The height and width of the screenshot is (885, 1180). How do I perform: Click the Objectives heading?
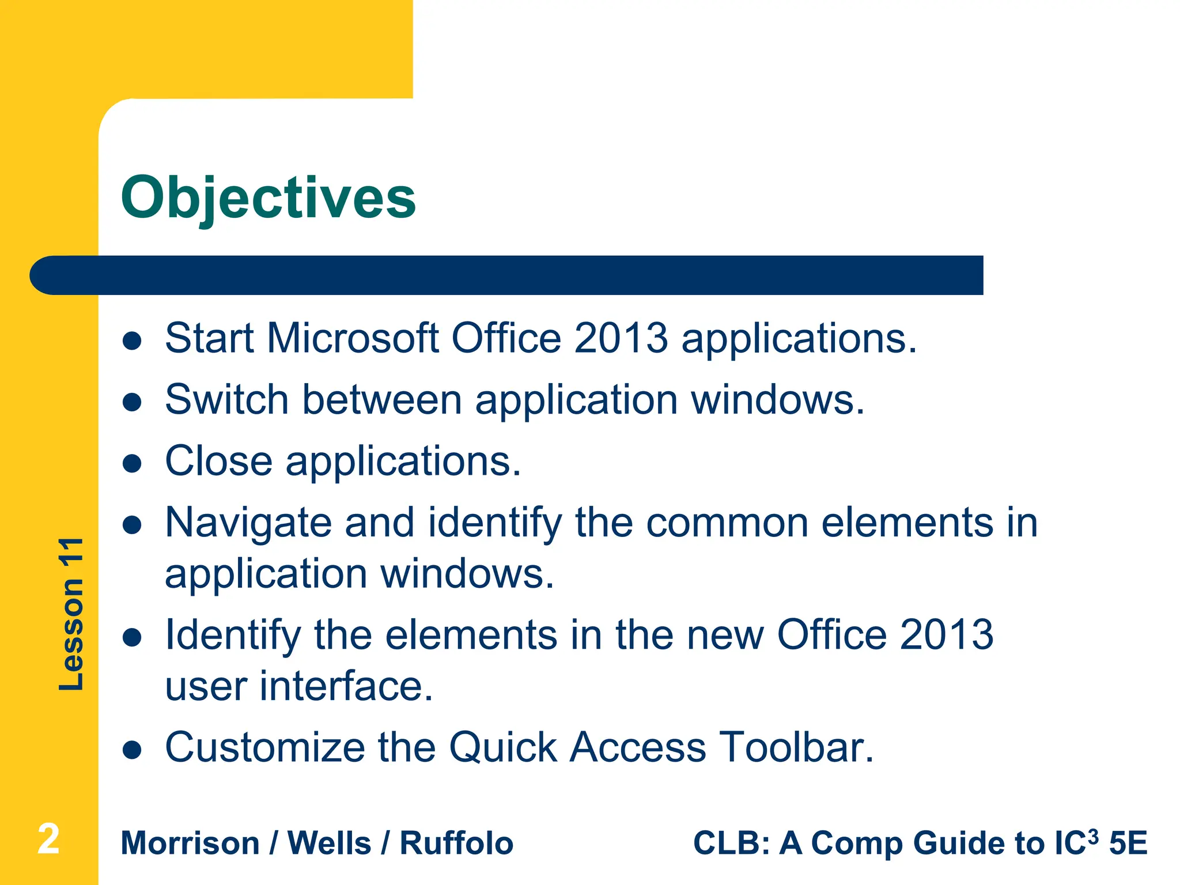(x=268, y=198)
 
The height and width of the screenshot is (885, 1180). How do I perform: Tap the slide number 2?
(x=48, y=839)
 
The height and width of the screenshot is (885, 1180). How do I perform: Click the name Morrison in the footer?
(x=190, y=844)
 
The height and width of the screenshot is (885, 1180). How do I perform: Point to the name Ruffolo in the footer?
(x=456, y=844)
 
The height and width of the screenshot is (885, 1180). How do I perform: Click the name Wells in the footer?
(x=329, y=844)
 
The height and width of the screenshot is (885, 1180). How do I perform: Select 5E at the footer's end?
(x=1128, y=844)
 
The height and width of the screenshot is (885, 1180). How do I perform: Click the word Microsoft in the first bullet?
(x=353, y=338)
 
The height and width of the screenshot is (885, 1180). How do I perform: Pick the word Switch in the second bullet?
(x=226, y=399)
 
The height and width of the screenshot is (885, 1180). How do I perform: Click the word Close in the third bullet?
(x=218, y=461)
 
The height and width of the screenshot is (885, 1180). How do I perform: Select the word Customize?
(x=264, y=747)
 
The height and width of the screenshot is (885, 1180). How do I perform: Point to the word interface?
(x=346, y=686)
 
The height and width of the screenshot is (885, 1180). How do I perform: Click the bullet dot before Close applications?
(x=133, y=463)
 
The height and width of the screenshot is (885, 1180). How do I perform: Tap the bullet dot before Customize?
(x=133, y=750)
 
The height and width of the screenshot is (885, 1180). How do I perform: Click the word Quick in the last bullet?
(x=502, y=748)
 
